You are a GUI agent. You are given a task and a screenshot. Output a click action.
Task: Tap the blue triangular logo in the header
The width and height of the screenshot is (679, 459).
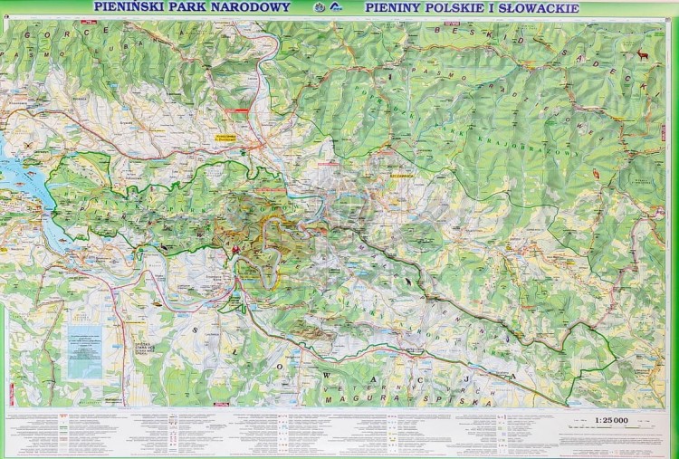[337, 8]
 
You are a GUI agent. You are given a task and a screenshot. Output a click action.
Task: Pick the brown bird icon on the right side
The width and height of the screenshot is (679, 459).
[596, 174]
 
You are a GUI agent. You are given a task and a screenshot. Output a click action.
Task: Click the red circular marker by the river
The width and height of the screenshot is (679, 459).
[236, 250]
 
